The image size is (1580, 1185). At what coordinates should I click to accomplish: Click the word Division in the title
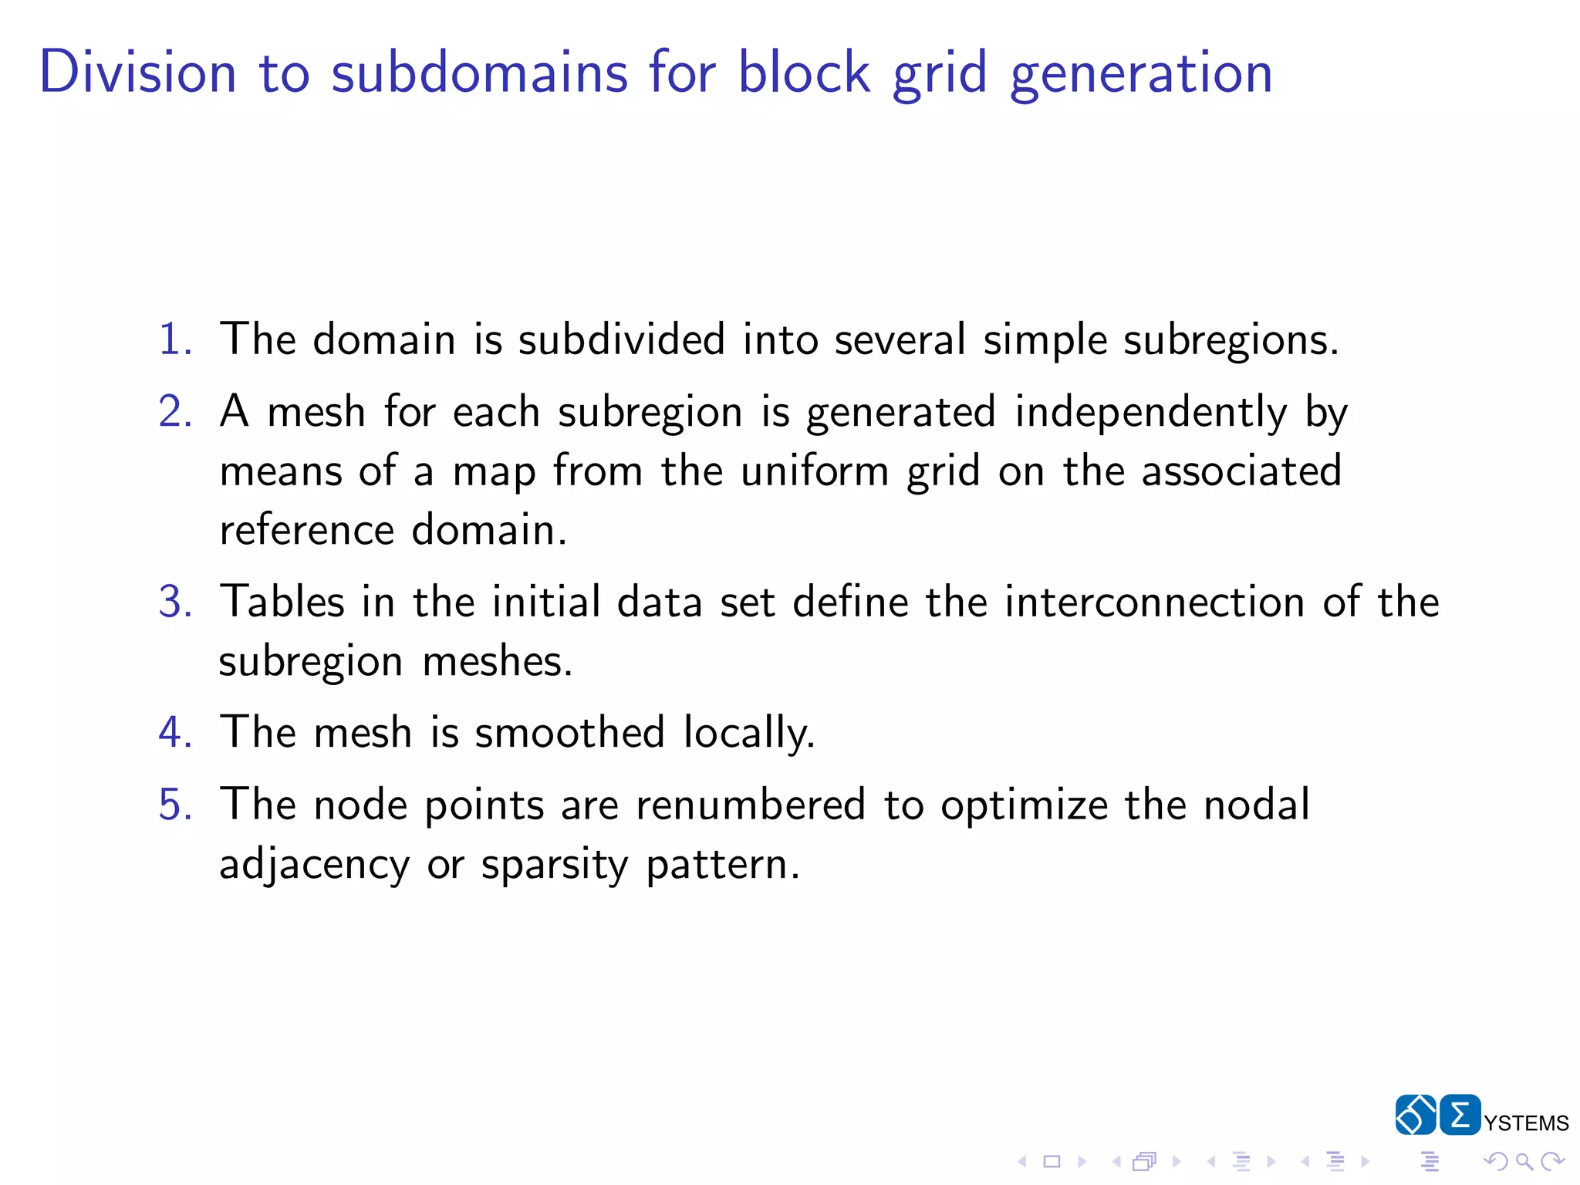137,72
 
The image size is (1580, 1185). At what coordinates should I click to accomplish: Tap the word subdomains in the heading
479,72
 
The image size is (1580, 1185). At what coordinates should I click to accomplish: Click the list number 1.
175,339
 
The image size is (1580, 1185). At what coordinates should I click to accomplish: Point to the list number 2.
175,411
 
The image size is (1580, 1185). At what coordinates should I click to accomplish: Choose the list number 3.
175,602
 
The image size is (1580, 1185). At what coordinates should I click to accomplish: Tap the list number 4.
175,732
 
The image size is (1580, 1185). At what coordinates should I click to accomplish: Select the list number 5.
175,805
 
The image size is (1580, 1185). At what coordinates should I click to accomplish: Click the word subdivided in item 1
621,339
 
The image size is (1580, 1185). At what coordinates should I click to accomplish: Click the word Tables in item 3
282,602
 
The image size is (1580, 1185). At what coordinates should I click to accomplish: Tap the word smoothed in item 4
569,732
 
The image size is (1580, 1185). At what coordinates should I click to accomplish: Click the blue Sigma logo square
1460,1115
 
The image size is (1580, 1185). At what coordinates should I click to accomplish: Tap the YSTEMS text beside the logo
1526,1123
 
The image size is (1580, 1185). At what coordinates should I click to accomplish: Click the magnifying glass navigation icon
1524,1161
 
